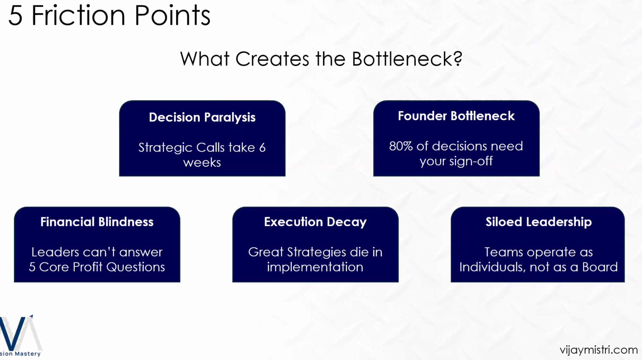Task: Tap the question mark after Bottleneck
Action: point(458,58)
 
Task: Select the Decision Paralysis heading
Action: point(202,118)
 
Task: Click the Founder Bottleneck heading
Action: point(456,116)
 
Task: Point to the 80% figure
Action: point(401,146)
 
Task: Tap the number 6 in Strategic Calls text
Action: point(262,147)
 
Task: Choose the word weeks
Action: point(202,162)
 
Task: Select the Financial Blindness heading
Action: point(97,222)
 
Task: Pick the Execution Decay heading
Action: point(315,222)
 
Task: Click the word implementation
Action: point(315,267)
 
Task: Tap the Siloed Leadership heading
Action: point(538,222)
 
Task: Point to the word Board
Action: point(600,267)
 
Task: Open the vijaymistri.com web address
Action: point(599,350)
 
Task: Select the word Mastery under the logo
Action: point(28,354)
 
